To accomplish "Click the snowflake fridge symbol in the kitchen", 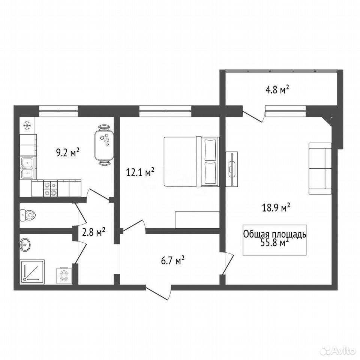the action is (27, 126).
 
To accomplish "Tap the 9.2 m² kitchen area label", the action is (68, 152).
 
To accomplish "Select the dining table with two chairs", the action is (104, 145).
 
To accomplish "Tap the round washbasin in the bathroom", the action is (25, 245).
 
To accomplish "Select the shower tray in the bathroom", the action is (32, 271).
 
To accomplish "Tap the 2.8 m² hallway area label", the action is (94, 232).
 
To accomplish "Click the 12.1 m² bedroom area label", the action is (140, 172).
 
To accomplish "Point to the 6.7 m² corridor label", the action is (173, 261).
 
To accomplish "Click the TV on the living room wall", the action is (232, 169).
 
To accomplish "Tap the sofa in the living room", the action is (320, 169).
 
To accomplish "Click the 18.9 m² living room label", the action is (276, 207).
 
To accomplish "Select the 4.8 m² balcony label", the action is (277, 90).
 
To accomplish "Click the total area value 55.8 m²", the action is (274, 243).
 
